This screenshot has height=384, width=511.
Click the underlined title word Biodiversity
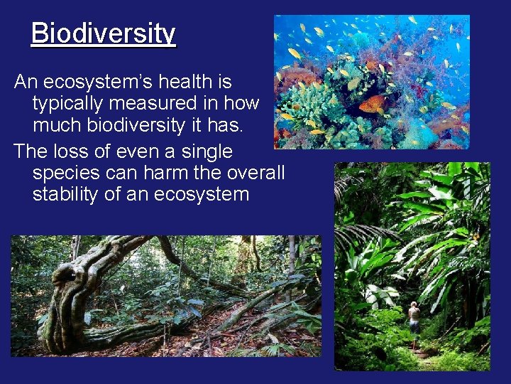coord(103,33)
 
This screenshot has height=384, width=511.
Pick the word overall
coord(258,173)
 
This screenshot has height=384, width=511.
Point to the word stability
coord(68,194)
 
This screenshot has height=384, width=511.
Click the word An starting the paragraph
coord(26,82)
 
